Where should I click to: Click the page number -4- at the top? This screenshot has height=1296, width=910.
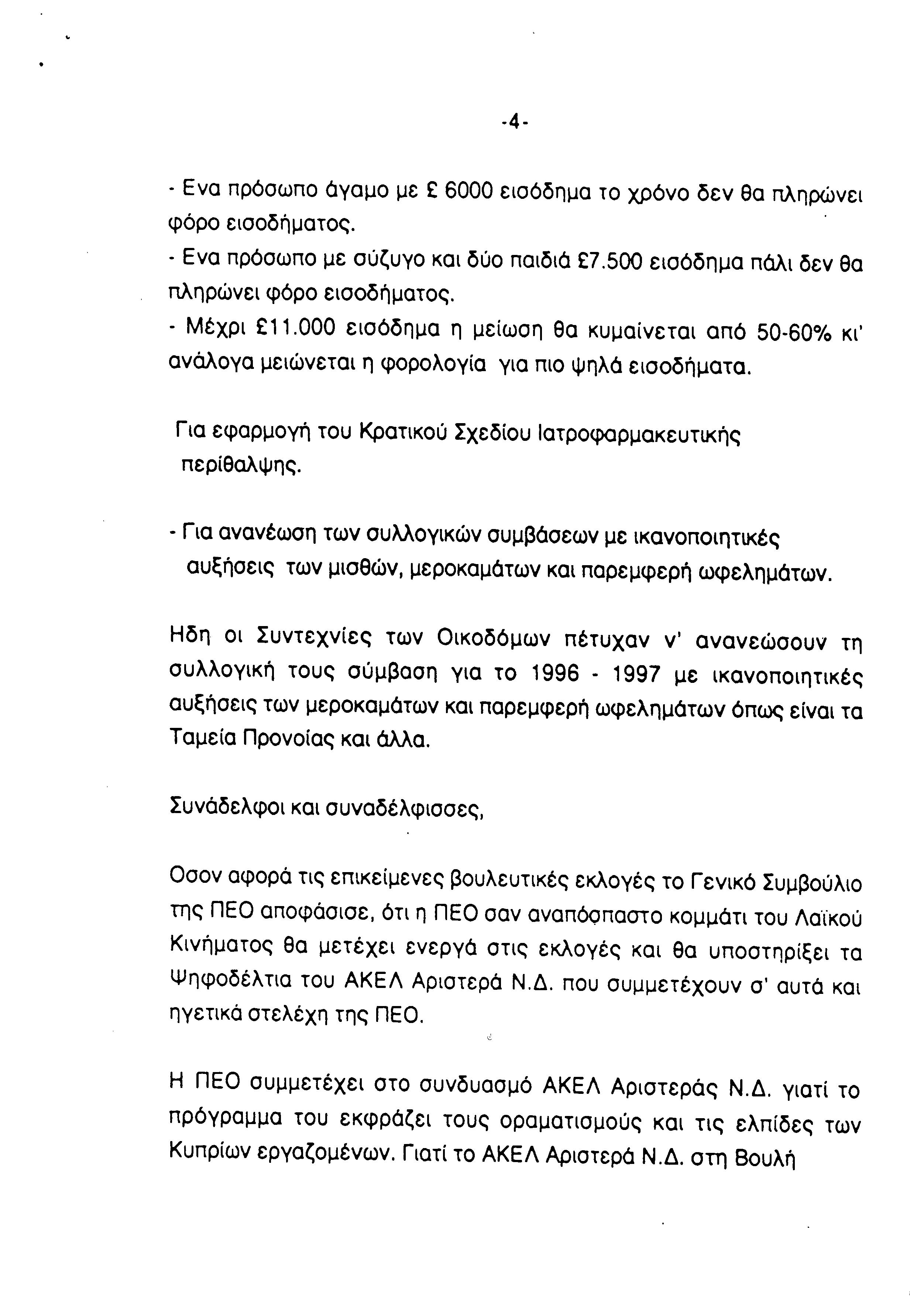(514, 121)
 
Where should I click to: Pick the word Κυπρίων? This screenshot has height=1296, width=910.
(209, 1148)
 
